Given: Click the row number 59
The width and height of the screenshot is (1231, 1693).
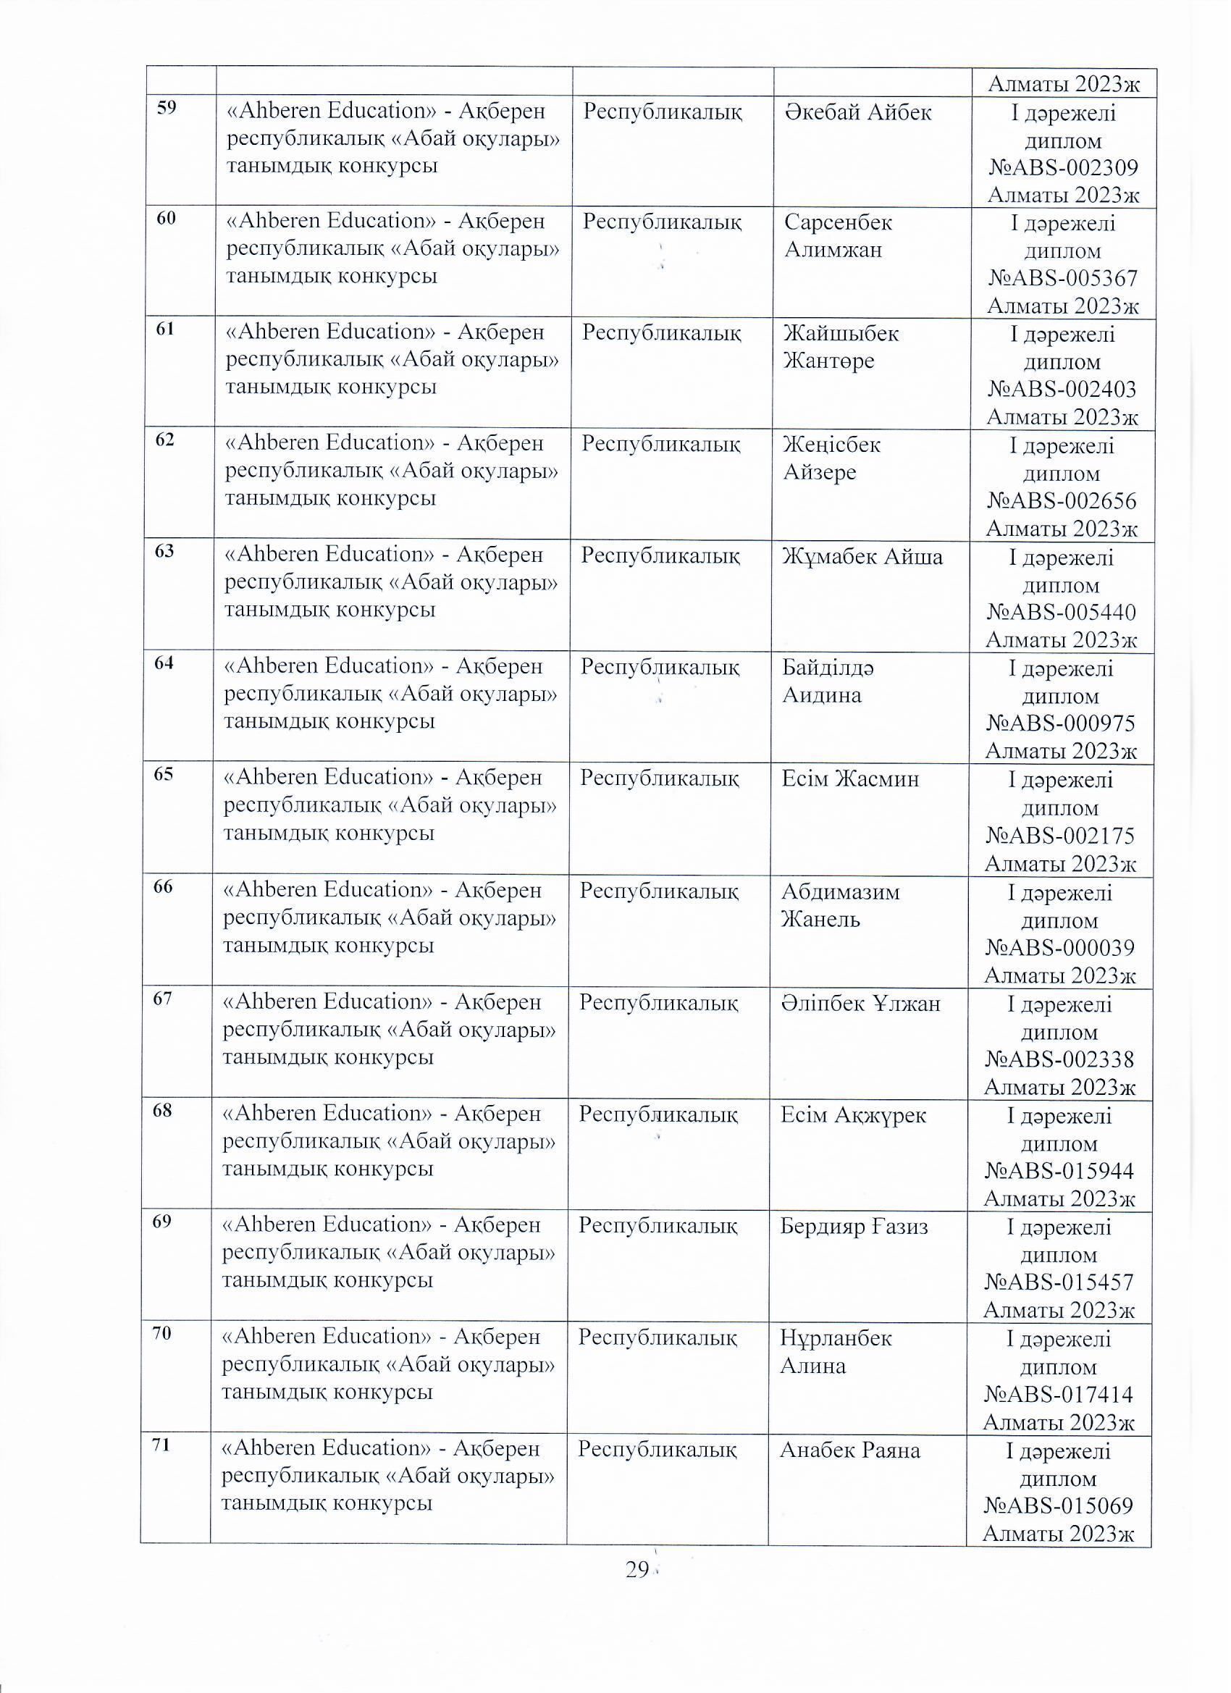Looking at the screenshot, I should (x=167, y=108).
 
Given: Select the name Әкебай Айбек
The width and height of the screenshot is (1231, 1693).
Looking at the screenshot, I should (x=858, y=112).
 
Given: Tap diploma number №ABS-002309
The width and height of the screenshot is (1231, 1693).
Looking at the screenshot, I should (x=1063, y=167).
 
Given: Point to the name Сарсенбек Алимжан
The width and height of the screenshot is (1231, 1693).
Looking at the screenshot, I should (x=838, y=235).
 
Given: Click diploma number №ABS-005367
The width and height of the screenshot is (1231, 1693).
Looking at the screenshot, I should (x=1063, y=279).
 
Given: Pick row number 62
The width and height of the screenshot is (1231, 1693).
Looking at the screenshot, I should (x=165, y=440).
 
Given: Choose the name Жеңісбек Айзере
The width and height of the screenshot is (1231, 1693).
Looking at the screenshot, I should (x=831, y=458).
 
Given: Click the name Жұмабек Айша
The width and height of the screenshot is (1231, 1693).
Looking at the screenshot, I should (x=862, y=557).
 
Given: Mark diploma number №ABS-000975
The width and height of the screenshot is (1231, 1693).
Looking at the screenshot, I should (x=1061, y=723).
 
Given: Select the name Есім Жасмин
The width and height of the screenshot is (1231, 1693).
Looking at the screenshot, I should (x=850, y=778).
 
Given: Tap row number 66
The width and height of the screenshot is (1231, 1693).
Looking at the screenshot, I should (x=163, y=886).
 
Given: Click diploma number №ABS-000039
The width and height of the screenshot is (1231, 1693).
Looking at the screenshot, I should (x=1060, y=948).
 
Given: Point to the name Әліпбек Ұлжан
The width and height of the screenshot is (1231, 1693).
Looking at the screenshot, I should (x=861, y=1002).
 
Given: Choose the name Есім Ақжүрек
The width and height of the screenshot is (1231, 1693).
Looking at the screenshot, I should (x=853, y=1114).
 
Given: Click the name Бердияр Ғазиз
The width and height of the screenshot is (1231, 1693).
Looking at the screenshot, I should (x=854, y=1226).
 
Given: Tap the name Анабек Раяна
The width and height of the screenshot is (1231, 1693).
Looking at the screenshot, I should (x=850, y=1450).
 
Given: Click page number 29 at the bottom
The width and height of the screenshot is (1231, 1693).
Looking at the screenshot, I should (x=636, y=1571).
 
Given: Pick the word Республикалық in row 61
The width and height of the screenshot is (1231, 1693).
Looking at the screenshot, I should (x=661, y=332).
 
